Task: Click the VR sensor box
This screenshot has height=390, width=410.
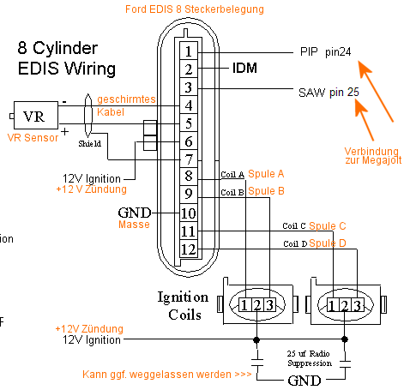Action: tap(36, 115)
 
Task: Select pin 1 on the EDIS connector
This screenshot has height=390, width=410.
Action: tap(189, 51)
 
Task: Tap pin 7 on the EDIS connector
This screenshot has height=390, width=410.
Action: tap(189, 159)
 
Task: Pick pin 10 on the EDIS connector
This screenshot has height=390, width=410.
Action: tap(189, 213)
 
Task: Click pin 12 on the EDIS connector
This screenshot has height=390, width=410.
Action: tap(189, 249)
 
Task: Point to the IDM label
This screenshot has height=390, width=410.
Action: tap(244, 68)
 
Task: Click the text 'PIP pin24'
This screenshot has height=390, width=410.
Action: tap(325, 52)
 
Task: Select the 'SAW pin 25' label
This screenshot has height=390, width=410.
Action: tap(329, 93)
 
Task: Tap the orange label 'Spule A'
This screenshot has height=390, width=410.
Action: tap(266, 174)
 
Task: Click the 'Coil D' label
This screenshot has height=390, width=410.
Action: tap(295, 243)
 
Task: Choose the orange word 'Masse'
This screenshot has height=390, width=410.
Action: tap(134, 225)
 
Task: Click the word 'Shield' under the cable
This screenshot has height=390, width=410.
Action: tap(90, 143)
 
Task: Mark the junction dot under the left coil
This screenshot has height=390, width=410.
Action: tap(256, 339)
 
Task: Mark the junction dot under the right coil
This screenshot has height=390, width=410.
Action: tap(345, 339)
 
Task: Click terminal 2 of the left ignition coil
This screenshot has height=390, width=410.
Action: tap(257, 305)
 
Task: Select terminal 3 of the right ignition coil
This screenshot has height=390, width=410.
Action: tap(358, 306)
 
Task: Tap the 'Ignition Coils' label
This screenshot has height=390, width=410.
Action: tap(183, 306)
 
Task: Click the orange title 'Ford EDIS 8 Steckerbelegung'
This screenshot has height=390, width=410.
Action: tap(195, 9)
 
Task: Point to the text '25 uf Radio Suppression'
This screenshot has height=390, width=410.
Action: tap(310, 358)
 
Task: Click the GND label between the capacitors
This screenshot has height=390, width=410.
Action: tap(304, 381)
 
